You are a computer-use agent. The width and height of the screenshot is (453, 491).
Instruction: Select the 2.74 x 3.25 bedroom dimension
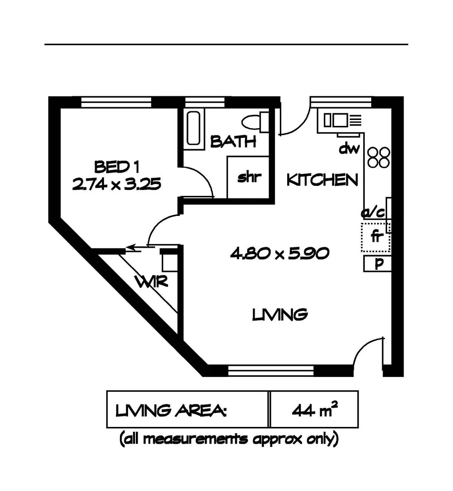pos(116,184)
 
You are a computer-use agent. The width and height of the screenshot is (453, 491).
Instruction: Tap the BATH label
pos(233,142)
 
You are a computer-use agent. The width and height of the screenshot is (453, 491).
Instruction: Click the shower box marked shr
pos(249,178)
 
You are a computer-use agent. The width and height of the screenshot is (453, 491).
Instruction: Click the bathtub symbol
pos(194,129)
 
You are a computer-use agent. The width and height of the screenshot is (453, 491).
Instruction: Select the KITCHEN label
pos(322,180)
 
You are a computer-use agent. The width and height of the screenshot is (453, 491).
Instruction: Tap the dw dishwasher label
pos(350,148)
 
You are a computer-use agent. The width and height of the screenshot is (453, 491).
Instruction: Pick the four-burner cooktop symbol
pos(378,157)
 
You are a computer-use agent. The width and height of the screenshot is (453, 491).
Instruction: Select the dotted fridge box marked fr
pos(376,237)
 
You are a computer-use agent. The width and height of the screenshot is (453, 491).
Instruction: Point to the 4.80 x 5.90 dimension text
pos(279,254)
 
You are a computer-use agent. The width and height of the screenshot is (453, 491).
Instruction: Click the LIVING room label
pos(280,314)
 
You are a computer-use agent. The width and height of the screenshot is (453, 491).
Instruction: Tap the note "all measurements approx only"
pos(229,439)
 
